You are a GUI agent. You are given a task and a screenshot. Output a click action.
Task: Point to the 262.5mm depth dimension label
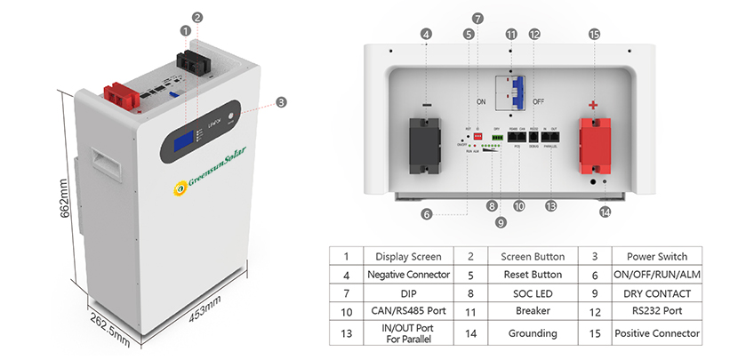[109, 328]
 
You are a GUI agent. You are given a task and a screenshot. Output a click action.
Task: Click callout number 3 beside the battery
[281, 102]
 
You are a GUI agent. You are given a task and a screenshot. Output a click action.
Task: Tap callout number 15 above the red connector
[594, 34]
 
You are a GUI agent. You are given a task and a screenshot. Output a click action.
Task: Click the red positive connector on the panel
[595, 145]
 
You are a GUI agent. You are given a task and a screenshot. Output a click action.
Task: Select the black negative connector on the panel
[427, 145]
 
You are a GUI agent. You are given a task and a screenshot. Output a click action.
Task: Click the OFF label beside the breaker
[539, 102]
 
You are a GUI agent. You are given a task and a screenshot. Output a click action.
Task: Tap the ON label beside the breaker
[481, 102]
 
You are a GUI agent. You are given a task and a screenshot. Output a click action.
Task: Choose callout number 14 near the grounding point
[606, 212]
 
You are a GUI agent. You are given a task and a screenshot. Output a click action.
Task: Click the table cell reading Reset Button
[520, 275]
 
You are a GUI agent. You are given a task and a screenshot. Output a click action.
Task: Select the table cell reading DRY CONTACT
[657, 293]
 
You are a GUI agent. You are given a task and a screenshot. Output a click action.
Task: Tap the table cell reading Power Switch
[657, 256]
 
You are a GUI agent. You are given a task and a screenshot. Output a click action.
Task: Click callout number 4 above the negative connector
[427, 34]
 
